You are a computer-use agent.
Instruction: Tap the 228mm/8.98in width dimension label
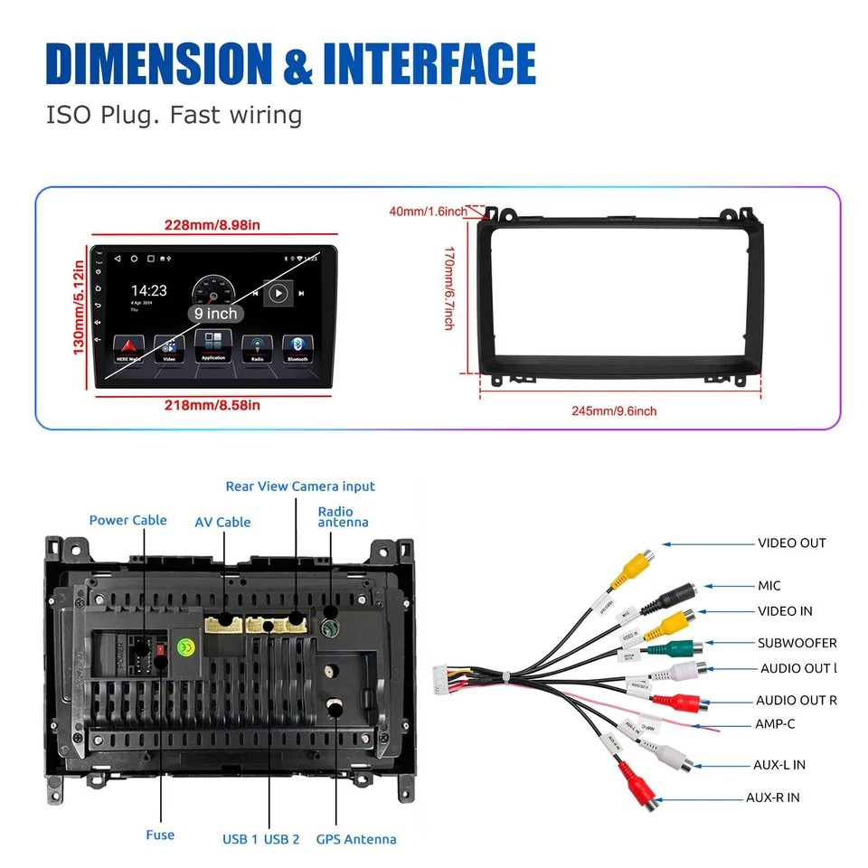point(212,225)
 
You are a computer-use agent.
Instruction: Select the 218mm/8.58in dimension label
point(213,405)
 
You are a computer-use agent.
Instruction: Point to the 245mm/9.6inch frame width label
point(614,410)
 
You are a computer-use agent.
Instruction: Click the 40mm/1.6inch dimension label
point(429,212)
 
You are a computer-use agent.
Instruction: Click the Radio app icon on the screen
point(257,347)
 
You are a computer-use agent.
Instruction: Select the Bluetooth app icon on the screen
point(297,347)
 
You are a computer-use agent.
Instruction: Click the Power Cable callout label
point(127,520)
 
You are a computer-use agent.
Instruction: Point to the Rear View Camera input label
point(300,486)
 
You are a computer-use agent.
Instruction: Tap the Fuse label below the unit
point(160,835)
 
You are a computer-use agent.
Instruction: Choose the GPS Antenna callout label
point(356,839)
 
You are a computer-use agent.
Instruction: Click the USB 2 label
point(282,839)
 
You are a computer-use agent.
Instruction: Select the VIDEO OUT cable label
point(791,543)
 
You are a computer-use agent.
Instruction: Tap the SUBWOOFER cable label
point(797,644)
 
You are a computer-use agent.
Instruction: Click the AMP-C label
point(775,724)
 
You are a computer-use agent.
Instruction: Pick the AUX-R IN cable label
point(772,797)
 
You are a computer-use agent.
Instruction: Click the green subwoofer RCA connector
point(684,648)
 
